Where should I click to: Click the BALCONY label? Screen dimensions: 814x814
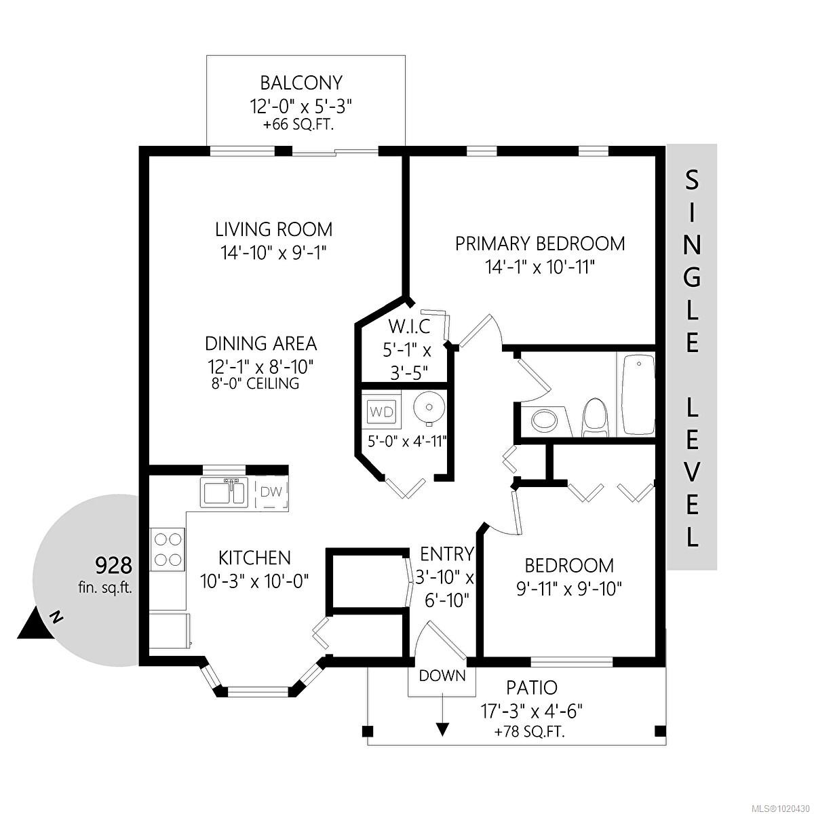(x=301, y=83)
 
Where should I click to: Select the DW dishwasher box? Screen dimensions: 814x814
(x=271, y=492)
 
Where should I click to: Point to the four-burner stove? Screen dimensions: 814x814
(x=168, y=549)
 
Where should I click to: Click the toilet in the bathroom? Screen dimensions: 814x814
(x=596, y=417)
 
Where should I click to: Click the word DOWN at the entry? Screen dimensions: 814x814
(x=442, y=676)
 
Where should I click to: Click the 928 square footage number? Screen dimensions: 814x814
(x=113, y=566)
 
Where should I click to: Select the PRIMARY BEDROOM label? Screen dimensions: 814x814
(x=540, y=244)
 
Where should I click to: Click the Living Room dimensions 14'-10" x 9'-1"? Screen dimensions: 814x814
(x=274, y=253)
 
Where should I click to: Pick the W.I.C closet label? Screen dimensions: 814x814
(x=409, y=326)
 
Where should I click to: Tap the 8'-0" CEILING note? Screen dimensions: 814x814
(x=252, y=383)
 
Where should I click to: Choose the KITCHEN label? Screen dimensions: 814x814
(x=254, y=558)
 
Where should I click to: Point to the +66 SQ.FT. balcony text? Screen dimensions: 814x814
(x=298, y=125)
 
